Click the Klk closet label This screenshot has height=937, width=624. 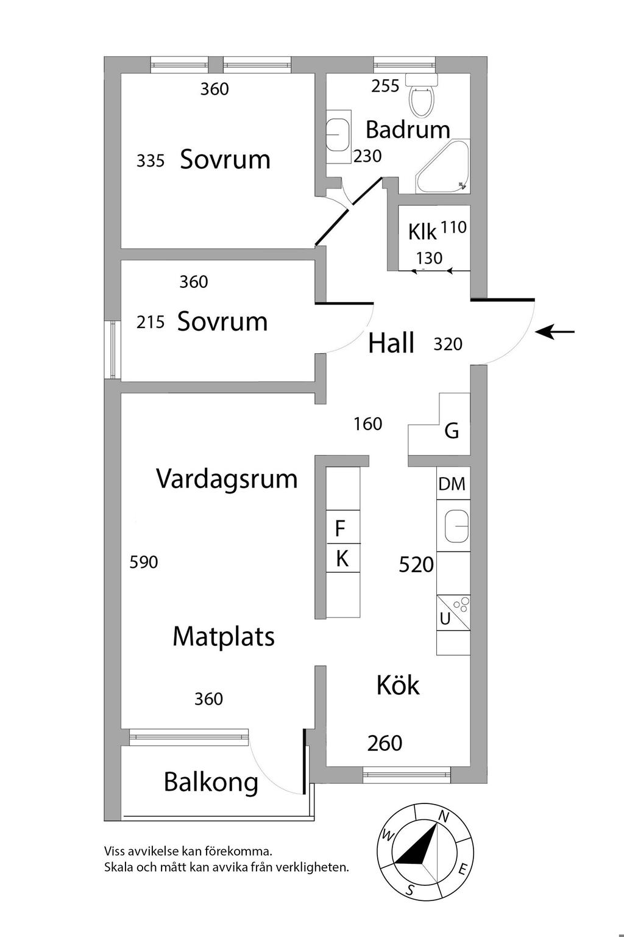point(422,232)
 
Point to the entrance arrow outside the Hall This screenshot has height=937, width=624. point(555,332)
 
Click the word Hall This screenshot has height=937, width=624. point(391,343)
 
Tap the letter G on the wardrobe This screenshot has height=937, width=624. point(452,431)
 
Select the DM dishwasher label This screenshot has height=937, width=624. point(452,484)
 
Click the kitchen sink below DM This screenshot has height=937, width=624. point(456,526)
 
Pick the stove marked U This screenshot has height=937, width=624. point(453,612)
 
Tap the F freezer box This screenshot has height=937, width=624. point(341,528)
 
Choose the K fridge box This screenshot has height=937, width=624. point(342,558)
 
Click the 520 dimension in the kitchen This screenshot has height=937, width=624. point(416,565)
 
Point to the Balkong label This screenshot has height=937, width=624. point(211,782)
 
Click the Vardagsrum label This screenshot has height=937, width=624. point(227,479)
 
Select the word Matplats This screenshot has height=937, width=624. point(224,637)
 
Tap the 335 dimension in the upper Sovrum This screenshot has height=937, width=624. point(151,160)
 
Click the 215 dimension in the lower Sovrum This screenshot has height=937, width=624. point(151,322)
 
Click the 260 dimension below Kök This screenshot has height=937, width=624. point(385,743)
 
